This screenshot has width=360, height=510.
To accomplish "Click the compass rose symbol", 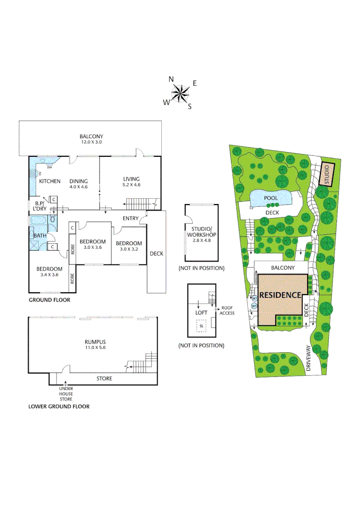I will click(x=180, y=93).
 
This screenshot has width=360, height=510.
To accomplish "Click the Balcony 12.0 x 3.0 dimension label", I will click(x=91, y=139).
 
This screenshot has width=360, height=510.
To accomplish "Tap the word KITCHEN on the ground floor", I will click(x=50, y=181).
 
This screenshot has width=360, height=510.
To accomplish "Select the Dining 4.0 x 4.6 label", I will click(x=78, y=184).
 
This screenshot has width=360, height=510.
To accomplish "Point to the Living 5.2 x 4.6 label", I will click(x=132, y=181).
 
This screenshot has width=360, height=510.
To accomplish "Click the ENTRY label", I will click(x=130, y=218).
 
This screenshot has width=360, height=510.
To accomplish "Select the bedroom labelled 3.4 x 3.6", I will click(x=50, y=272).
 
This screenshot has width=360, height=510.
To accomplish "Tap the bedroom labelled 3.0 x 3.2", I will click(x=129, y=246).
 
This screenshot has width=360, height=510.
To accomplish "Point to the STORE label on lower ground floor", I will click(x=104, y=378).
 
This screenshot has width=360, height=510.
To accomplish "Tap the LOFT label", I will click(x=201, y=313).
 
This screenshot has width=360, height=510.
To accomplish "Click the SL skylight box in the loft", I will click(x=201, y=326).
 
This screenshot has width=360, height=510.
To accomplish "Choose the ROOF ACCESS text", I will click(x=227, y=310).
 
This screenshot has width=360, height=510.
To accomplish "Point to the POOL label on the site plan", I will click(x=271, y=198).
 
